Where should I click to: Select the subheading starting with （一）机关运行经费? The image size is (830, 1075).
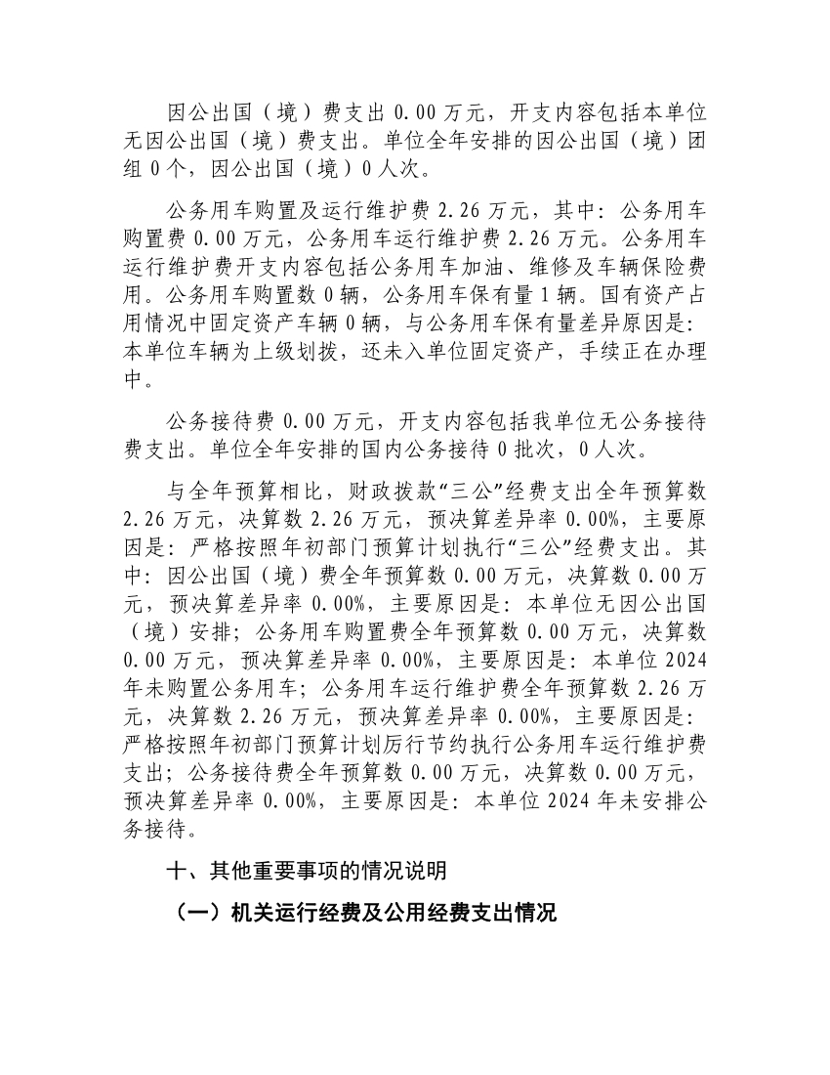coord(361,914)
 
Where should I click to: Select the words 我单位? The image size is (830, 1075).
coord(558,422)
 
